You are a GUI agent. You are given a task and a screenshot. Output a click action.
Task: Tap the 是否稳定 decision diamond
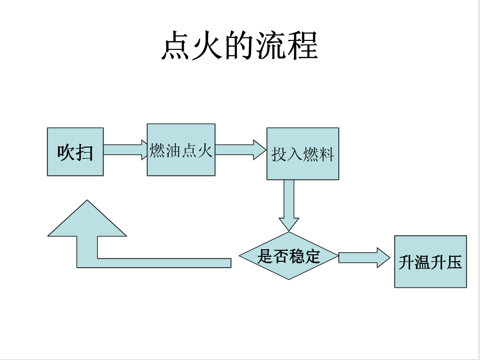tap(288, 256)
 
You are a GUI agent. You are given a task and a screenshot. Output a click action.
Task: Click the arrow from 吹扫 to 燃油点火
tap(124, 150)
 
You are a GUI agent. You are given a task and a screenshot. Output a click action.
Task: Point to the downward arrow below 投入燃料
tap(288, 204)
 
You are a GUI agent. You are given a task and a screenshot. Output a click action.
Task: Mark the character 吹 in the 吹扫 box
tap(66, 152)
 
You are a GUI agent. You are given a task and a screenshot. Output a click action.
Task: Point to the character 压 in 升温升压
tap(454, 262)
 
